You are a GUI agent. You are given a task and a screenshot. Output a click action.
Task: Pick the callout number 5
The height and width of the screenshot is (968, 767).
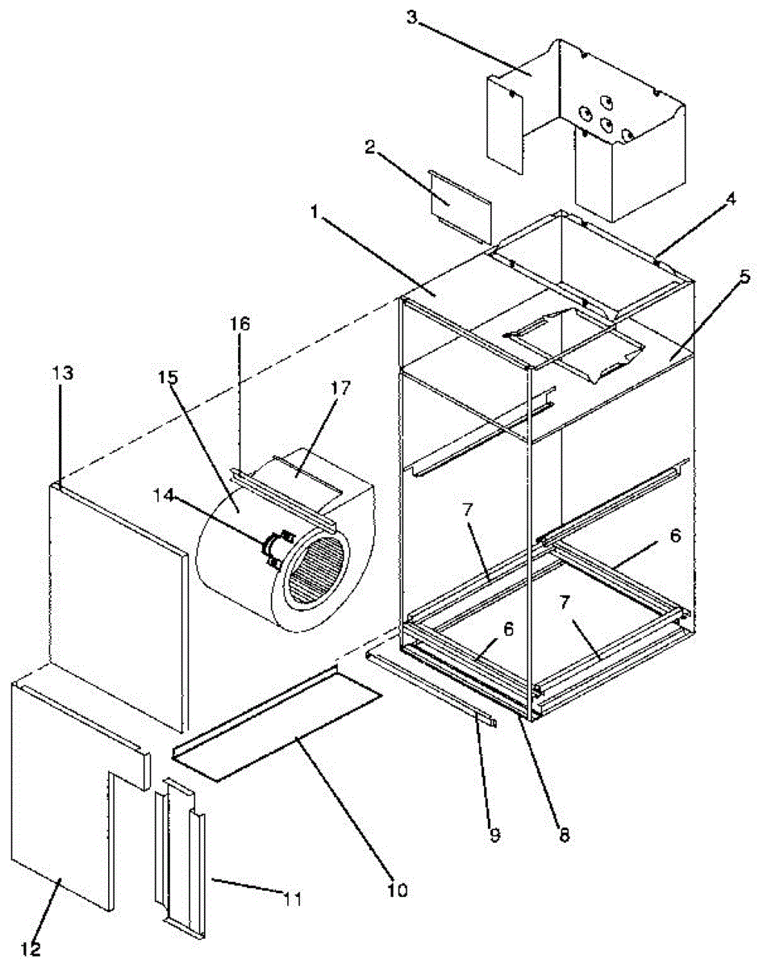pyautogui.click(x=743, y=277)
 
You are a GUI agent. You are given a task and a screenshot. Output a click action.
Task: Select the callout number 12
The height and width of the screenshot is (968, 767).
pyautogui.click(x=30, y=949)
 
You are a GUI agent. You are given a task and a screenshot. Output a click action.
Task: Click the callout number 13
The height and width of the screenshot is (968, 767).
pyautogui.click(x=62, y=373)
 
